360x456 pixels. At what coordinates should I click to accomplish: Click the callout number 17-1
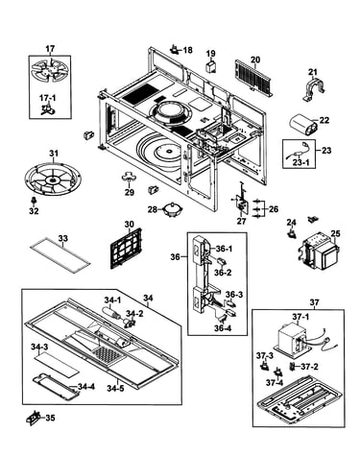point(48,98)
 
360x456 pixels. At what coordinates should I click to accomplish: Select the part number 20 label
point(255,60)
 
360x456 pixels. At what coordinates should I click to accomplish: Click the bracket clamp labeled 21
point(314,88)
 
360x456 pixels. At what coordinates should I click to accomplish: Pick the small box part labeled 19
point(210,67)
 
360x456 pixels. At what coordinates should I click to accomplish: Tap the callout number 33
point(63,238)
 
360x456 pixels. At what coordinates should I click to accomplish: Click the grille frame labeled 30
point(126,249)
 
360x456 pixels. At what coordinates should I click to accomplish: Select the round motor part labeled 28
point(173,210)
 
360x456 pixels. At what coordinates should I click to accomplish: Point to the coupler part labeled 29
point(129,178)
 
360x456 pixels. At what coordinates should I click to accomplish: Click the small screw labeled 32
point(33,201)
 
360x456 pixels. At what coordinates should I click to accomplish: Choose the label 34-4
point(86,387)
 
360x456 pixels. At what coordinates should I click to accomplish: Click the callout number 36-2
point(223,273)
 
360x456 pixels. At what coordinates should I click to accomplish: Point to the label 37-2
point(309,367)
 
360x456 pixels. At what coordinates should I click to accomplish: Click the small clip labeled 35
point(33,419)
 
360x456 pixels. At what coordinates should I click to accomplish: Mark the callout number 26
point(274,209)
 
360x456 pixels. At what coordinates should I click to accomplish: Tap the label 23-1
point(301,162)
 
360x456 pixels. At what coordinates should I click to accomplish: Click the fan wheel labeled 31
point(53,179)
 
